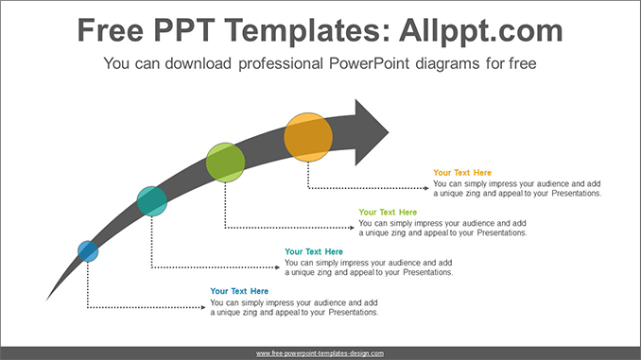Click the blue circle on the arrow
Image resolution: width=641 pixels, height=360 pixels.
pyautogui.click(x=88, y=250)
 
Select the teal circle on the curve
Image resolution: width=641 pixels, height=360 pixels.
pyautogui.click(x=151, y=201)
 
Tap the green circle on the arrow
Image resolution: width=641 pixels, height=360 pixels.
pyautogui.click(x=225, y=163)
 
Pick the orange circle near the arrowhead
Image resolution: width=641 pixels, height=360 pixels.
pyautogui.click(x=308, y=136)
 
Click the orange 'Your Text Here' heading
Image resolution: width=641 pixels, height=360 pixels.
pyautogui.click(x=462, y=173)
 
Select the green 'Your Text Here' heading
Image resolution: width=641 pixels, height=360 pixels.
pyautogui.click(x=388, y=213)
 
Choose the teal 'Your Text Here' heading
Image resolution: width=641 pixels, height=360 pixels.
pyautogui.click(x=314, y=251)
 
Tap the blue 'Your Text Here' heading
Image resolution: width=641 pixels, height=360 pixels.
pyautogui.click(x=239, y=291)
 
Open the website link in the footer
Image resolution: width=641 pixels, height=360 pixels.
pyautogui.click(x=320, y=353)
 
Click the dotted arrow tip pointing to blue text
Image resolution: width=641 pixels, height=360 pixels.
pyautogui.click(x=204, y=307)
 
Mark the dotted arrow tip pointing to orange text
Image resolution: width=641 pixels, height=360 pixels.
pyautogui.click(x=427, y=189)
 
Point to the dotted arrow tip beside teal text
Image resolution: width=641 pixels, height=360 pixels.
pyautogui.click(x=279, y=267)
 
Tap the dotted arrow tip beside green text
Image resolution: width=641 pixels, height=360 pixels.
pyautogui.click(x=353, y=229)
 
